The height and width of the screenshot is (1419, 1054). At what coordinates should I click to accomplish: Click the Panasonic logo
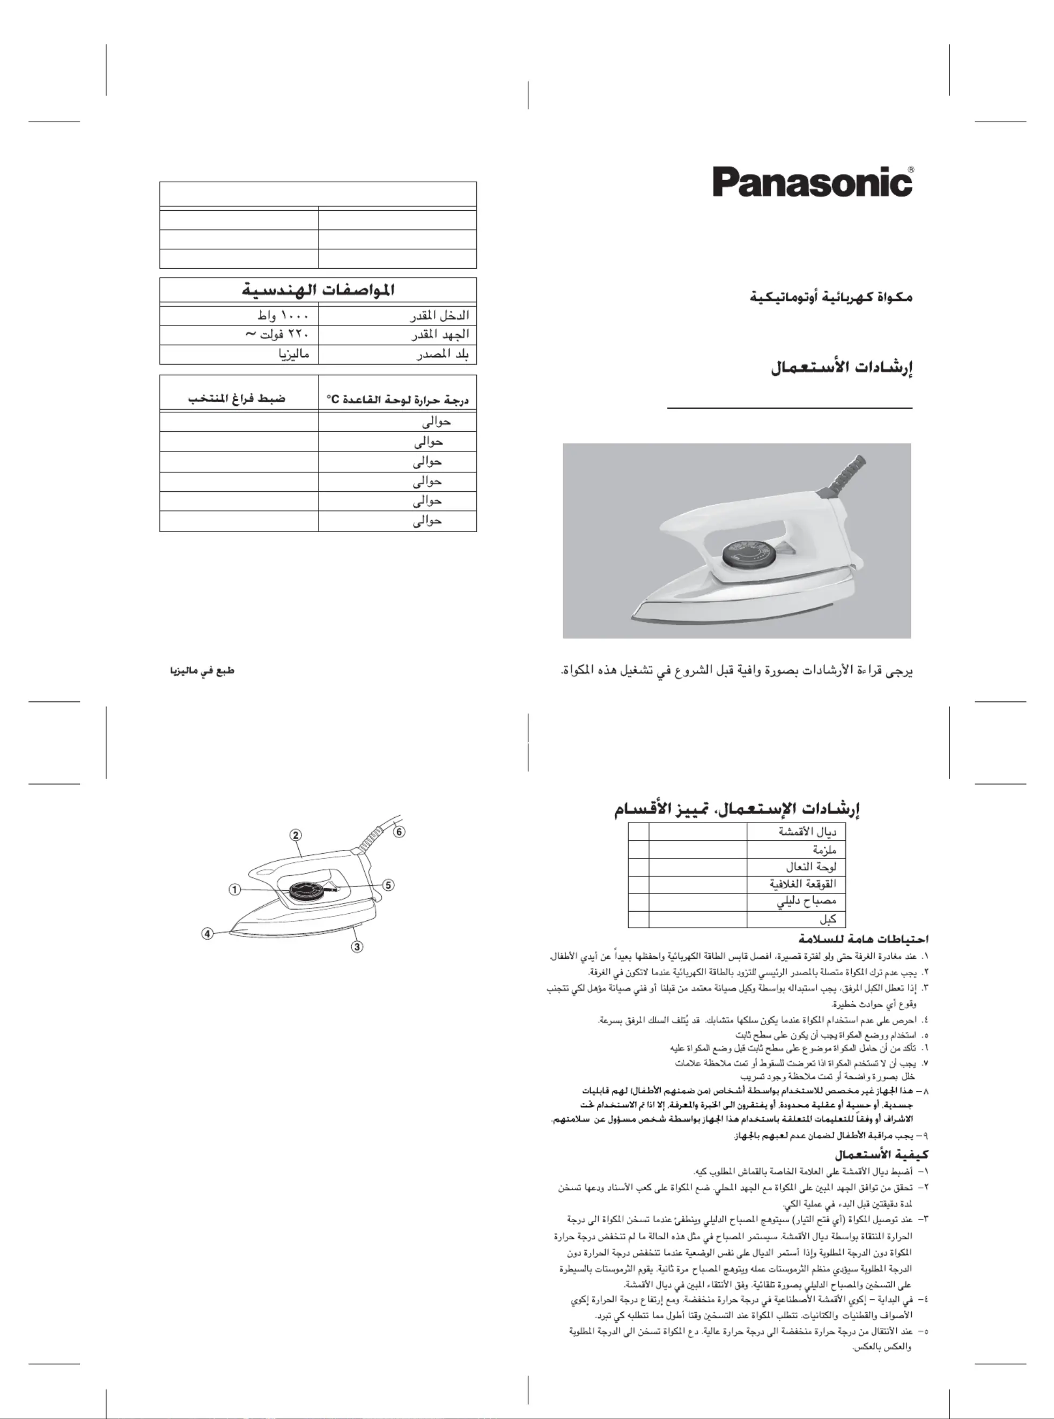812,182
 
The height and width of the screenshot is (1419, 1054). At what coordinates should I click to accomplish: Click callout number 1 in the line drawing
235,890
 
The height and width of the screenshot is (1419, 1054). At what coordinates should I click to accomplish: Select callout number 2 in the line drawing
296,835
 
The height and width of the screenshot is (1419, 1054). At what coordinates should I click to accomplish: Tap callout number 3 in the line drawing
357,947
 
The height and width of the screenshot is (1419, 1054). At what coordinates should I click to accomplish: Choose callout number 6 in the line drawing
399,832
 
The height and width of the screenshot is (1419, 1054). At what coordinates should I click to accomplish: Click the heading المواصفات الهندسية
318,290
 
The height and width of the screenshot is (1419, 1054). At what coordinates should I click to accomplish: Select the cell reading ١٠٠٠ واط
283,316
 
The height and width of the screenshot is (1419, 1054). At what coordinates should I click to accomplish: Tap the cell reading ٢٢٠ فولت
277,335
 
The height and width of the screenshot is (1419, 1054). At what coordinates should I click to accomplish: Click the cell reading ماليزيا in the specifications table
294,354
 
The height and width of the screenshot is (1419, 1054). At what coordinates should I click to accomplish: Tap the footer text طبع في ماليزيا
202,671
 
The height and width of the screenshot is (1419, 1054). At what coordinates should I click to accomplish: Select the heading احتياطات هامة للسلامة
863,940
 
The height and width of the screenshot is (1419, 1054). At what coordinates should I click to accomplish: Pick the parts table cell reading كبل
828,919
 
